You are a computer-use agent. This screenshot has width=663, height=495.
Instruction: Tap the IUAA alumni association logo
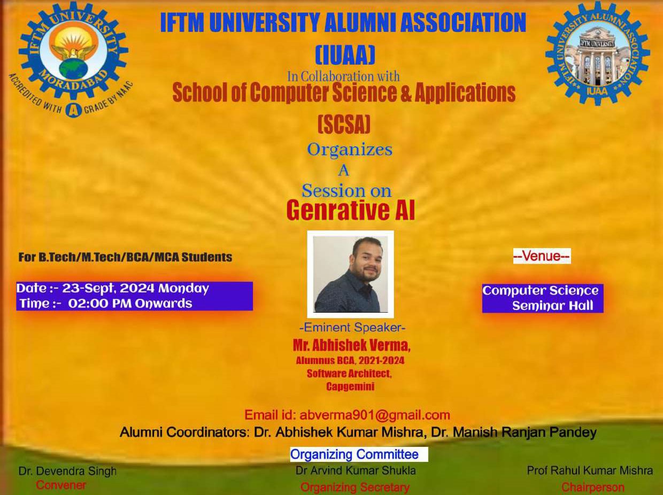[x=597, y=53]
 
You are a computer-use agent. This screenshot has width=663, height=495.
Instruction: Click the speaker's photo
[x=350, y=274]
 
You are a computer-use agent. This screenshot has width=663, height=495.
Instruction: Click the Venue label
[x=542, y=257]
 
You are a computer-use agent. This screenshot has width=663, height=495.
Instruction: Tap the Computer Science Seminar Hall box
[x=543, y=298]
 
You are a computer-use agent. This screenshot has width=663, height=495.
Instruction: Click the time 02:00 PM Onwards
[x=130, y=304]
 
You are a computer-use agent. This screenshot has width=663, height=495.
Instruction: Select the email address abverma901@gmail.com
[x=375, y=415]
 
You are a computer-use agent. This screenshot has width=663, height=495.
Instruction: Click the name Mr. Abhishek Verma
[x=351, y=345]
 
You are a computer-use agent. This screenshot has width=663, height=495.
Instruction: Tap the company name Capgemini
[x=350, y=386]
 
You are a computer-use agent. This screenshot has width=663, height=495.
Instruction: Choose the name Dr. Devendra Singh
[x=67, y=471]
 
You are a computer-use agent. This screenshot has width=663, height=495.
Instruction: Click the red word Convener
[x=61, y=485]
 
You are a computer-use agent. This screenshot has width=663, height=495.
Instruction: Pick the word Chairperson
[x=593, y=487]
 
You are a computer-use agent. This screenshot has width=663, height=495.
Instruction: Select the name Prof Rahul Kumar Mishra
[x=590, y=470]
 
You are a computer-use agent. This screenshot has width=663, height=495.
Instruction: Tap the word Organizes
[x=350, y=150]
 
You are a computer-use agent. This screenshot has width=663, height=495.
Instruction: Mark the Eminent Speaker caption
[x=352, y=327]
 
